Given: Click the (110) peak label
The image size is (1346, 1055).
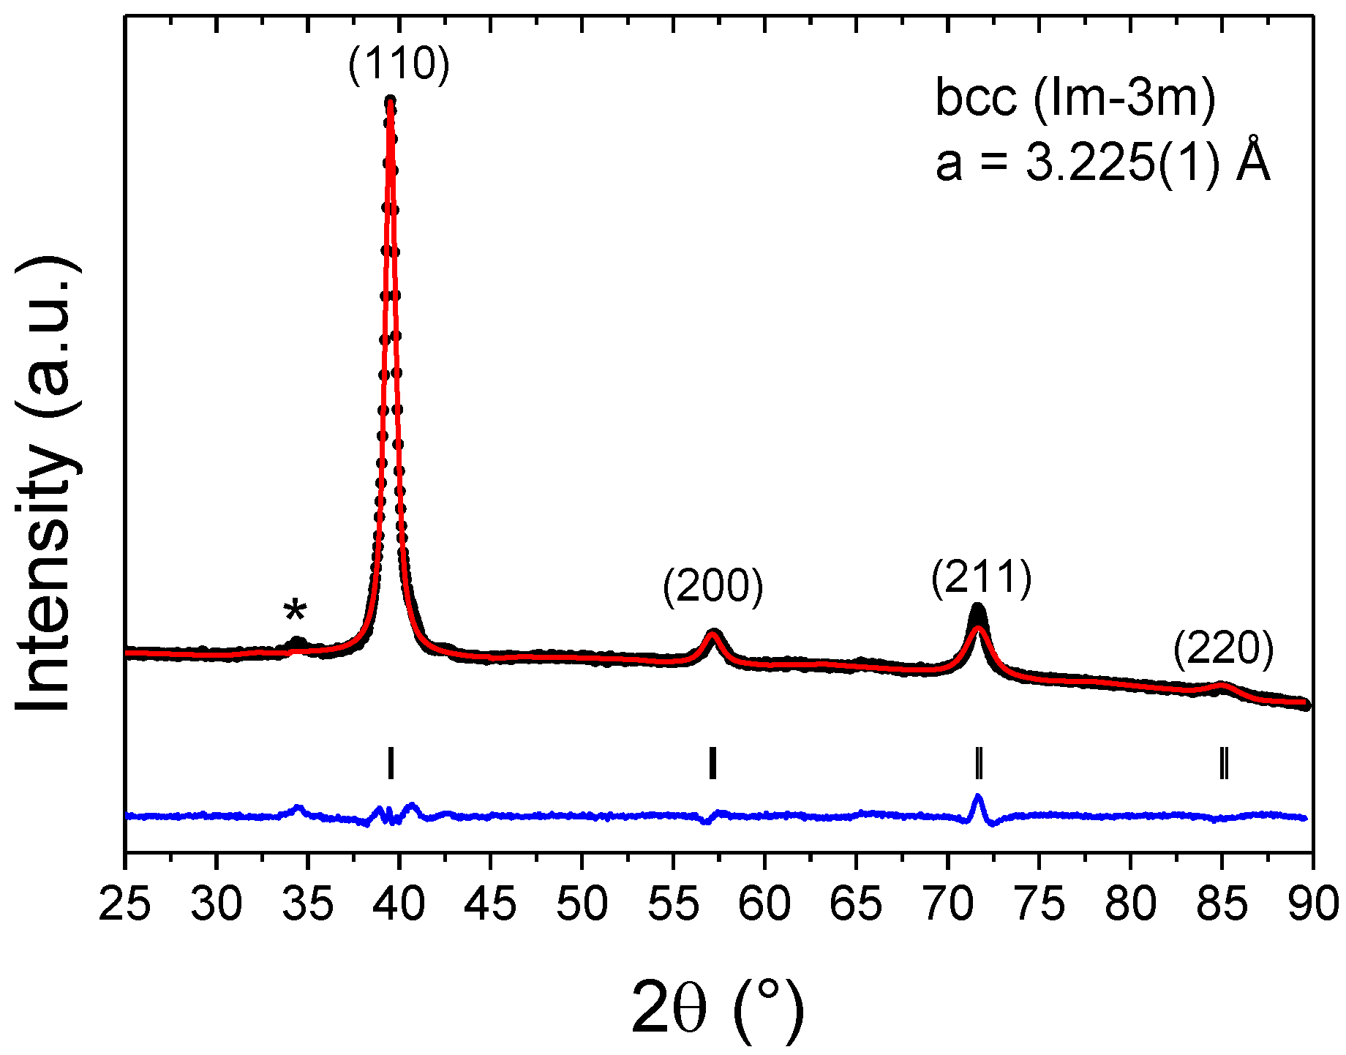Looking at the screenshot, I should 399,64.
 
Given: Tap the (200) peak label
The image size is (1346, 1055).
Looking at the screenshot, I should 713,587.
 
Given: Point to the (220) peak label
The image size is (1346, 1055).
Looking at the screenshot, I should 1223,649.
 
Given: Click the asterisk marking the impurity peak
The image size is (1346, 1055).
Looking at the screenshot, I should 296,611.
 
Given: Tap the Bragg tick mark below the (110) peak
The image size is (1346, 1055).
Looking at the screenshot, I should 391,763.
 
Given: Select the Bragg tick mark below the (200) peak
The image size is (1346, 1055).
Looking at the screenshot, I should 713,763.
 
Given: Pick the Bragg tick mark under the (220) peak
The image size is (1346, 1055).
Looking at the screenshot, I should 1223,763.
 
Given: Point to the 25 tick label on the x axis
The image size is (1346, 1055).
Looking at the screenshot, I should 125,904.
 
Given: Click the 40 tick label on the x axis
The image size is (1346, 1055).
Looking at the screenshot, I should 399,904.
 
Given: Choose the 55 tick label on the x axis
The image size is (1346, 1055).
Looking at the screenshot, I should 674,904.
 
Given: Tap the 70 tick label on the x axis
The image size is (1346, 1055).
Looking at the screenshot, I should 949,904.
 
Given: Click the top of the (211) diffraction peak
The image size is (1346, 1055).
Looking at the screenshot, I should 978,607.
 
